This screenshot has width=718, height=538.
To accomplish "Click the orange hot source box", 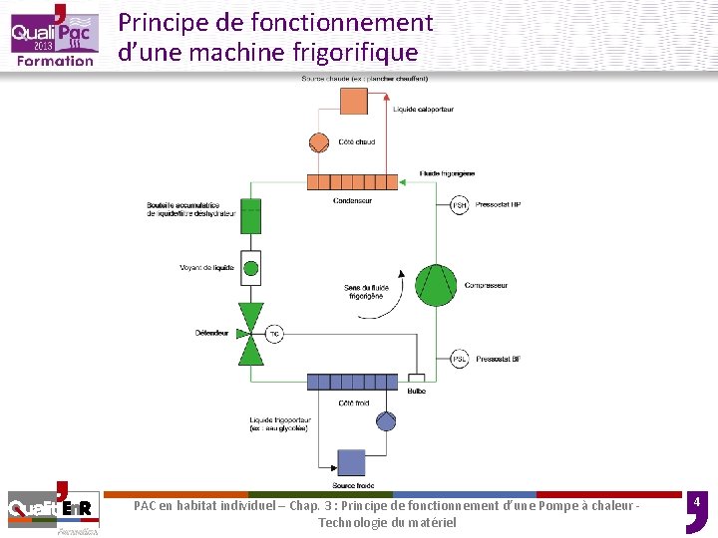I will pyautogui.click(x=353, y=101).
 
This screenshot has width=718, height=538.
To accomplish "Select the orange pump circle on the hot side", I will pyautogui.click(x=319, y=141).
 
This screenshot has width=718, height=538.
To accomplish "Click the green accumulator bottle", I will pyautogui.click(x=251, y=214).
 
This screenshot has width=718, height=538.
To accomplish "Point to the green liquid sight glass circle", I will pyautogui.click(x=251, y=267).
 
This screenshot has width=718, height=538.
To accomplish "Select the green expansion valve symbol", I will pyautogui.click(x=251, y=334).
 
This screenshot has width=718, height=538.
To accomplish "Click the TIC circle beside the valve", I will pyautogui.click(x=274, y=334).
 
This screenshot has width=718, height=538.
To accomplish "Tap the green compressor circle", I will pyautogui.click(x=435, y=286).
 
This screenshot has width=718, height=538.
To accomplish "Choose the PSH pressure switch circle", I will pyautogui.click(x=459, y=205).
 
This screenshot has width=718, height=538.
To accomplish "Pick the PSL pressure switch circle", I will pyautogui.click(x=460, y=359).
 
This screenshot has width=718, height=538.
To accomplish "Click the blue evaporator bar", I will pyautogui.click(x=353, y=382).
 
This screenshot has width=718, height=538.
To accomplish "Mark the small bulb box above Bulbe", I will pyautogui.click(x=416, y=379).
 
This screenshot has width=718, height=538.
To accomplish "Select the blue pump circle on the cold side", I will pyautogui.click(x=386, y=421).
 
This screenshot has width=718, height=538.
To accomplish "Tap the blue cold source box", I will pyautogui.click(x=351, y=463).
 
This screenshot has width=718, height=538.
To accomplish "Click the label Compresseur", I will pyautogui.click(x=486, y=286).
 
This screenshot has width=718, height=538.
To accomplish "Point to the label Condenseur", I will pyautogui.click(x=353, y=200).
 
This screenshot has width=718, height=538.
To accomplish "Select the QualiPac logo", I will pyautogui.click(x=54, y=36).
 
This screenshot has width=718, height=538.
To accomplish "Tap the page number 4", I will pyautogui.click(x=697, y=500).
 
